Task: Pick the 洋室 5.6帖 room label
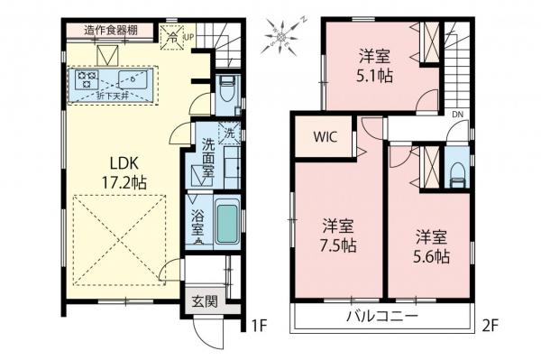[431, 245]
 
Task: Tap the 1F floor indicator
[259, 322]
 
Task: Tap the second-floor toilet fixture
[456, 171]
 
